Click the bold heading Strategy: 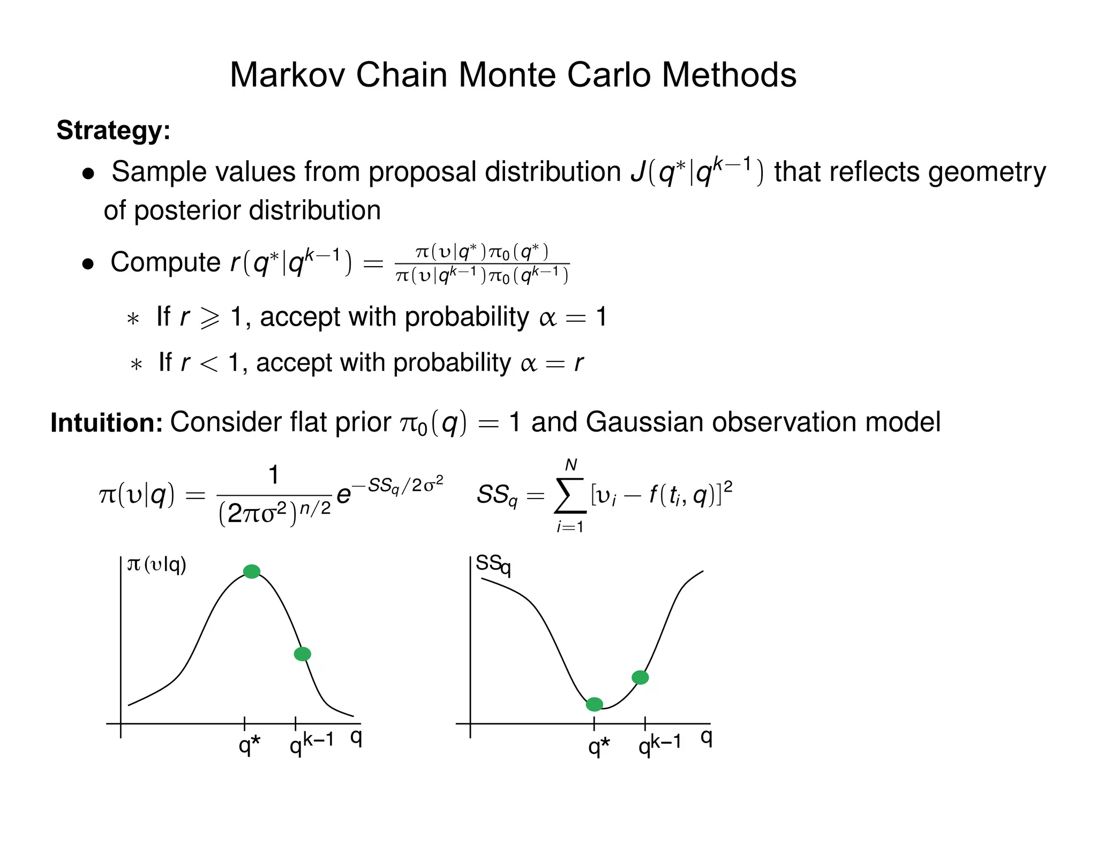(114, 130)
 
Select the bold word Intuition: (106, 422)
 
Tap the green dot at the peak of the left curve (252, 571)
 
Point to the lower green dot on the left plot (303, 654)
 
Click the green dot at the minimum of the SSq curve (594, 704)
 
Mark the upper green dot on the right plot (640, 677)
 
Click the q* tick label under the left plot (249, 745)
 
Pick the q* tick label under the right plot (599, 746)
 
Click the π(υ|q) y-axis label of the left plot (156, 564)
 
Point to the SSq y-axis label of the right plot (493, 564)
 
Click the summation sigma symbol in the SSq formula (570, 495)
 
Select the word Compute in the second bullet (165, 262)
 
